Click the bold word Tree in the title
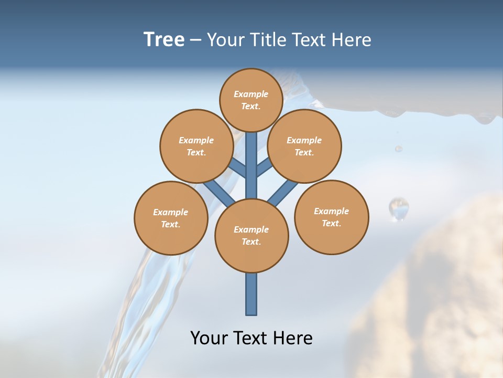pos(164,40)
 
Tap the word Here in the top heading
pos(352,40)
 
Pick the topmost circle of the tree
pos(251,100)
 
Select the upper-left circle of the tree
pos(196,146)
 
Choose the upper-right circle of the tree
pos(304,146)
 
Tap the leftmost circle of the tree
pos(171,218)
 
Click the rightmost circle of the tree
pos(332,217)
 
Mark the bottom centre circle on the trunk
pos(251,236)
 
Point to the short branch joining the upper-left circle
pos(238,169)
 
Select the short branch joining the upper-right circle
pos(264,167)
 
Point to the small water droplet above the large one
pos(399,149)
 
